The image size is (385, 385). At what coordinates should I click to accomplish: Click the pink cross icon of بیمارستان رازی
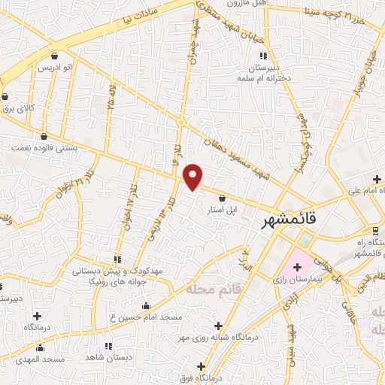point(298,266)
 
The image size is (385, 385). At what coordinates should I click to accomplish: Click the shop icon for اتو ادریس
point(54,56)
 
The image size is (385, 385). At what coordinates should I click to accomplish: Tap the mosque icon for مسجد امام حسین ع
point(146,305)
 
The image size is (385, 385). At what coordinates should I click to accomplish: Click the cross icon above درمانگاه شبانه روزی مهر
point(219,326)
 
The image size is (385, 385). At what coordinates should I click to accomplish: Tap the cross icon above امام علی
point(377,178)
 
